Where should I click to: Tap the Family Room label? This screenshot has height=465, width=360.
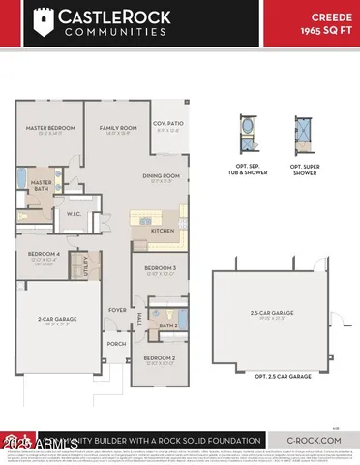coord(118,126)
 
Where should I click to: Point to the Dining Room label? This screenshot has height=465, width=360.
coord(162,175)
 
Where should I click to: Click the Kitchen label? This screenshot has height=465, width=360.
coord(162,231)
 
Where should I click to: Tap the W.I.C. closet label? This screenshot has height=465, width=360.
coord(74,216)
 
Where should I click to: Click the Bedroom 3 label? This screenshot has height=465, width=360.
coord(160,267)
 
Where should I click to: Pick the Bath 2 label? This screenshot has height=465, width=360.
coord(166,325)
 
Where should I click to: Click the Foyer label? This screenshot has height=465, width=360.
coord(117,310)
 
